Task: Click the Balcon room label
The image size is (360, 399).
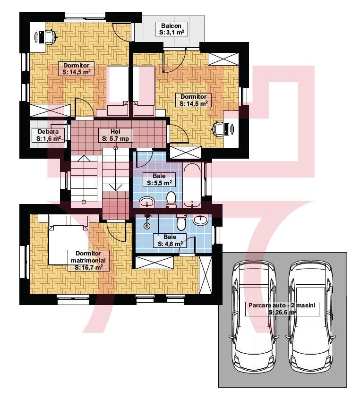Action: (x=171, y=29)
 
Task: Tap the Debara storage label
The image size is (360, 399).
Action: (x=48, y=135)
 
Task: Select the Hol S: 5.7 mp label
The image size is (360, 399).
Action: (x=116, y=135)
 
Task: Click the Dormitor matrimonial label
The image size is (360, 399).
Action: (x=88, y=260)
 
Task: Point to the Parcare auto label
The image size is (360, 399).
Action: (x=282, y=308)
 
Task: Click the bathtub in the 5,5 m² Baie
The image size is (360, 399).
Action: (x=192, y=185)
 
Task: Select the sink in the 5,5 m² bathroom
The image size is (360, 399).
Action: (x=147, y=202)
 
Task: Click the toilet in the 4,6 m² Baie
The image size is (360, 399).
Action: (x=181, y=222)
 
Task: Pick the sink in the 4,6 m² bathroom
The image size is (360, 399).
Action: (x=201, y=220)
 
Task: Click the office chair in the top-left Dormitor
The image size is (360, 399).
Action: (x=51, y=37)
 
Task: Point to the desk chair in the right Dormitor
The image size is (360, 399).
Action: (x=218, y=129)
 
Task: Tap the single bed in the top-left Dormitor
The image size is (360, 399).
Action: (x=117, y=91)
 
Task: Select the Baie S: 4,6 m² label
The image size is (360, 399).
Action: (x=170, y=240)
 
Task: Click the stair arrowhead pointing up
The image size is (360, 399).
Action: (x=84, y=158)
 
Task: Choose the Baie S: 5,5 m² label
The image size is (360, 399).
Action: (x=159, y=179)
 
